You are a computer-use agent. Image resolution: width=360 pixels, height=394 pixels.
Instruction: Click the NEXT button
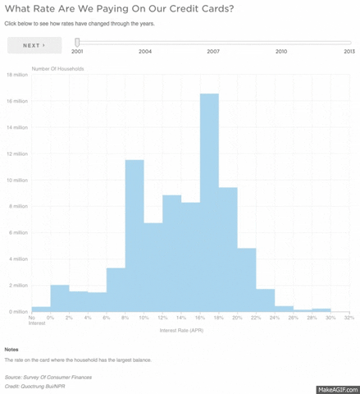(x=34, y=45)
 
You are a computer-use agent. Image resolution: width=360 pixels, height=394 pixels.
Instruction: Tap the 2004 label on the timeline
(x=144, y=51)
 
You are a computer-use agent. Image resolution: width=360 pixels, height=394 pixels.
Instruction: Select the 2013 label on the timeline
(x=349, y=51)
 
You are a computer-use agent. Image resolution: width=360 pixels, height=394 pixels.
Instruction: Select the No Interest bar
(x=40, y=309)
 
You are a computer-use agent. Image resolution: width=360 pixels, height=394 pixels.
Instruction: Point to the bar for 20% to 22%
(x=247, y=279)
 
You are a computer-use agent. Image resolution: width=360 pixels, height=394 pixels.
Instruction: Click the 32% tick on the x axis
(x=349, y=317)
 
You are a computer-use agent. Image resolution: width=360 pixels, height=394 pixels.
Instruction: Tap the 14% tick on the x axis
(x=181, y=317)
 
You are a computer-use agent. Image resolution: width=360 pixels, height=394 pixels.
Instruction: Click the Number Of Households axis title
(x=57, y=67)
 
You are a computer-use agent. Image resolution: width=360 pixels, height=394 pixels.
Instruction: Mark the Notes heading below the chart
(x=11, y=349)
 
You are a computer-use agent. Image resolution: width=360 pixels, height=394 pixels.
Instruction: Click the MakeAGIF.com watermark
(x=336, y=386)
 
